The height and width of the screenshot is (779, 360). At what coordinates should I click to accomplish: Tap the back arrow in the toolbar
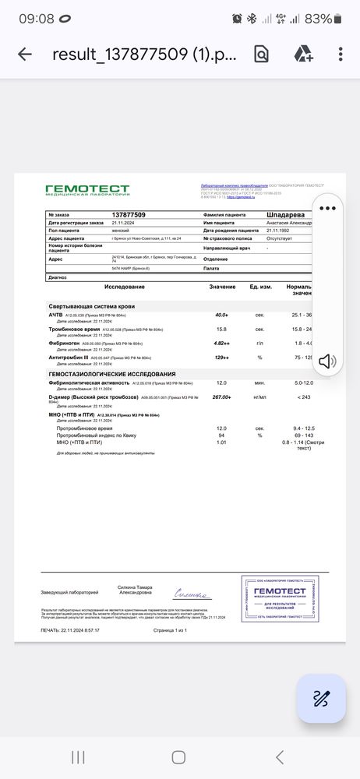coord(24,54)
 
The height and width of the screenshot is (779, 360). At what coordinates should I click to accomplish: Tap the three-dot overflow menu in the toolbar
coord(341,54)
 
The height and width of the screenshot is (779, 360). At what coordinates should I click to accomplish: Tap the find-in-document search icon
coord(261,54)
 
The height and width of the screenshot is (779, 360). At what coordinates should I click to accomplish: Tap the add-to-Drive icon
coord(302,54)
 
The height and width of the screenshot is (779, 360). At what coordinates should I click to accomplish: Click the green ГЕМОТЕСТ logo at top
coord(86,190)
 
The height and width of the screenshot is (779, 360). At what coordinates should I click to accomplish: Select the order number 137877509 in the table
coord(129,214)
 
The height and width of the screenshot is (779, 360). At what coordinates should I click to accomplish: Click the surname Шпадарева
coord(290,214)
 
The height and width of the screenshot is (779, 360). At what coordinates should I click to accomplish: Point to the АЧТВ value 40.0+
coord(221,315)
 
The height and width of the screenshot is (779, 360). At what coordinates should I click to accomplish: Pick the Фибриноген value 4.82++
coord(221,343)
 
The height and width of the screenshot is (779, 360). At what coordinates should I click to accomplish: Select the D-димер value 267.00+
coord(221,397)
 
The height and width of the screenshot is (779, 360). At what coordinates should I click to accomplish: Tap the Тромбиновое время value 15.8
coord(221,329)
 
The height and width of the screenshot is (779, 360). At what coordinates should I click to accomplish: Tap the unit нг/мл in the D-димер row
coord(259,397)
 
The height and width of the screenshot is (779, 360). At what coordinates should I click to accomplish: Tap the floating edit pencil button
coord(320,698)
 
